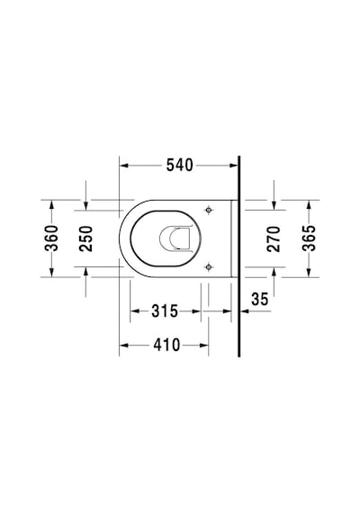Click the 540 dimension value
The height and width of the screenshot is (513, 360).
click(180, 166)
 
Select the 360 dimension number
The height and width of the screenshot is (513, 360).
click(51, 238)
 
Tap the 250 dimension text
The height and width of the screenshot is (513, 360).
click(86, 238)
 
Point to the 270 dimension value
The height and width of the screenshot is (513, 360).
click(274, 238)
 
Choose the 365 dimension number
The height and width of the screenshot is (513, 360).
click(309, 238)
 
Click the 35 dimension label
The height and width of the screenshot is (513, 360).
click(260, 299)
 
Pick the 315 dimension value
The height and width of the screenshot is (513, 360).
click(165, 311)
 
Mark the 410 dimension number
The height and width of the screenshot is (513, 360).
click(166, 345)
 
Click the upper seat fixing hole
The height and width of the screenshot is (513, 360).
click(209, 210)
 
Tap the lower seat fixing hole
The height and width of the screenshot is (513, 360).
click(209, 267)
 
